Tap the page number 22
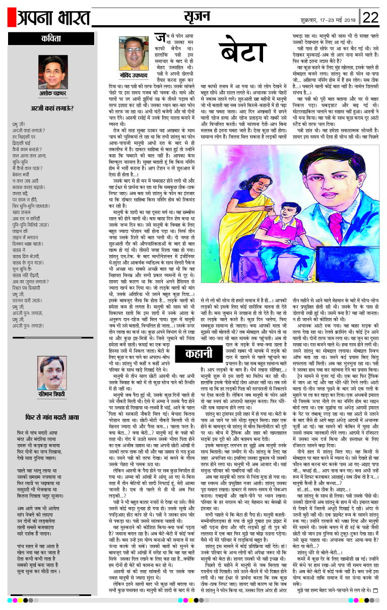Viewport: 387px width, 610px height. click(370, 18)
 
